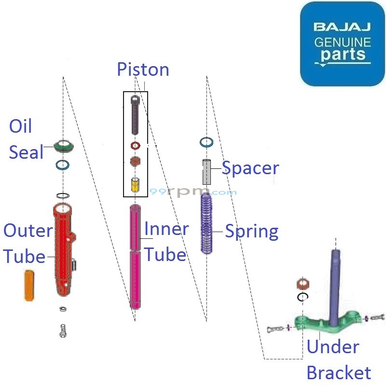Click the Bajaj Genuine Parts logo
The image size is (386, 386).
coord(342,44)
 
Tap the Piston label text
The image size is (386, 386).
coord(143,69)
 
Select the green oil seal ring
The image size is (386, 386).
coord(63,145)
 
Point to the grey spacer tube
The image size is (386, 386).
coord(207,173)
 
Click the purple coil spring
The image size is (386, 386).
coord(207,222)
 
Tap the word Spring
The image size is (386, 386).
coord(252,232)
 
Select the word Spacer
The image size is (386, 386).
coord(250,168)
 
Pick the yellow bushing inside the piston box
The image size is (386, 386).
coord(136,185)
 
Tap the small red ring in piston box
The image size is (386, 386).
coord(135,146)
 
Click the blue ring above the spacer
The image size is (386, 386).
coord(207,142)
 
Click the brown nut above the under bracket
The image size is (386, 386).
coord(303,284)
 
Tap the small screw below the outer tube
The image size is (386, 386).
coord(63,331)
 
